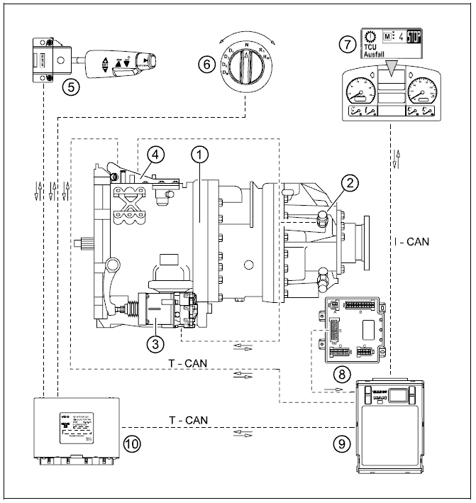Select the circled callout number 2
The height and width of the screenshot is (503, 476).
(x=348, y=183)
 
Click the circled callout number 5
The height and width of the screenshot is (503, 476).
(x=69, y=87)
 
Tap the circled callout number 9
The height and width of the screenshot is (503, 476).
(x=342, y=443)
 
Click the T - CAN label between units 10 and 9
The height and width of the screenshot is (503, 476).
(x=188, y=420)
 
